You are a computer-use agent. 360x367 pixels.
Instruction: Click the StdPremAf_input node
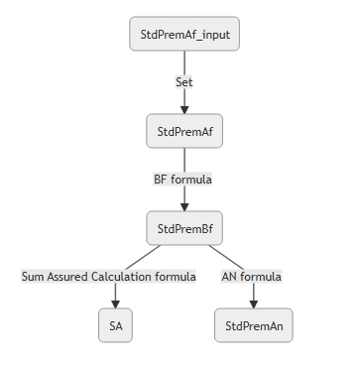pos(184,34)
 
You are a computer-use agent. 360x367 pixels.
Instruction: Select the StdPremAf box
pos(184,131)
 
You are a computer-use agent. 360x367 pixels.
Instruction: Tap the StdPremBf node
pos(184,228)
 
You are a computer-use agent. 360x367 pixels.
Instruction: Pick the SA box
pos(115,325)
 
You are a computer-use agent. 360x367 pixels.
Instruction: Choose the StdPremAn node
pos(254,325)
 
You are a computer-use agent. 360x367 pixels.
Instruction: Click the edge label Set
pos(184,82)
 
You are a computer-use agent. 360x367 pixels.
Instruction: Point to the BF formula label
pos(182,180)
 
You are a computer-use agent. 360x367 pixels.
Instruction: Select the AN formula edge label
pos(252,277)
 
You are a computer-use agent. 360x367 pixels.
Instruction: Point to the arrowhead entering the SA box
pos(115,305)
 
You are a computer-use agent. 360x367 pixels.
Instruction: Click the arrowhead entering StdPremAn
pos(254,305)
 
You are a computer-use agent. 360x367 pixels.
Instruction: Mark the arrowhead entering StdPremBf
pos(184,207)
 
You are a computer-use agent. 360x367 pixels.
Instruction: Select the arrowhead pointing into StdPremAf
pos(184,110)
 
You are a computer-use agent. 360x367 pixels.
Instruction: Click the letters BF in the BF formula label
pos(161,180)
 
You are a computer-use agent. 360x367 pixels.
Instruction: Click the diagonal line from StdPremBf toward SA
pos(143,258)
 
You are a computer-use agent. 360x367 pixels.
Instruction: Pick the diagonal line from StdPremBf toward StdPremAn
pos(226,258)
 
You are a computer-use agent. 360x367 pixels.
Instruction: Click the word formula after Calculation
pos(176,277)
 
